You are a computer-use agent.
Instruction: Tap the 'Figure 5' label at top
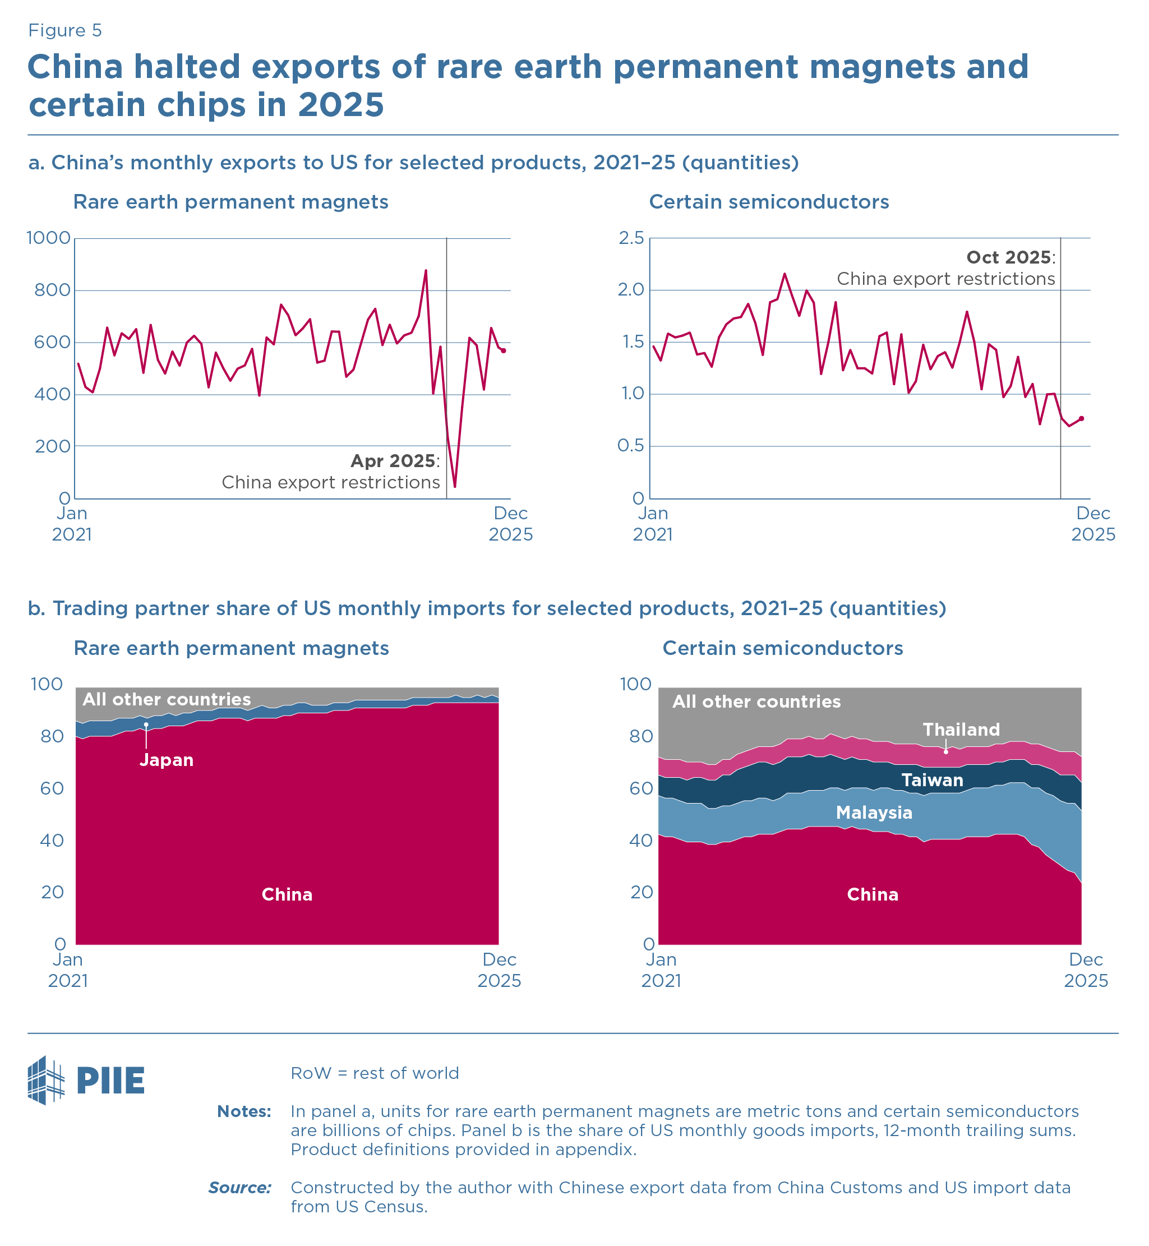pyautogui.click(x=64, y=30)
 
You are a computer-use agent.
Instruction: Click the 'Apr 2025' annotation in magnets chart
pyautogui.click(x=394, y=462)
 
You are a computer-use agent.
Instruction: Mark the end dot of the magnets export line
pyautogui.click(x=504, y=351)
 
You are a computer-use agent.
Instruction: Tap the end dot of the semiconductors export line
pyautogui.click(x=1082, y=418)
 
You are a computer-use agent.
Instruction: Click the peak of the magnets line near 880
pyautogui.click(x=426, y=270)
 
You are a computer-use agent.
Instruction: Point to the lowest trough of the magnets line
pyautogui.click(x=455, y=487)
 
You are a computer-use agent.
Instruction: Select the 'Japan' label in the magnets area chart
pyautogui.click(x=166, y=760)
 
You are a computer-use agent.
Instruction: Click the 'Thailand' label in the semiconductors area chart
pyautogui.click(x=961, y=730)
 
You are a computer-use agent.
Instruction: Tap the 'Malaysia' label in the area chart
pyautogui.click(x=874, y=813)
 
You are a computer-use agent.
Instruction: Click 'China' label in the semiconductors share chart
pyautogui.click(x=873, y=895)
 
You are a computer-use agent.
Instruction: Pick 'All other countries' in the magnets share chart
pyautogui.click(x=167, y=699)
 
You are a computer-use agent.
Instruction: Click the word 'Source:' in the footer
pyautogui.click(x=240, y=1188)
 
